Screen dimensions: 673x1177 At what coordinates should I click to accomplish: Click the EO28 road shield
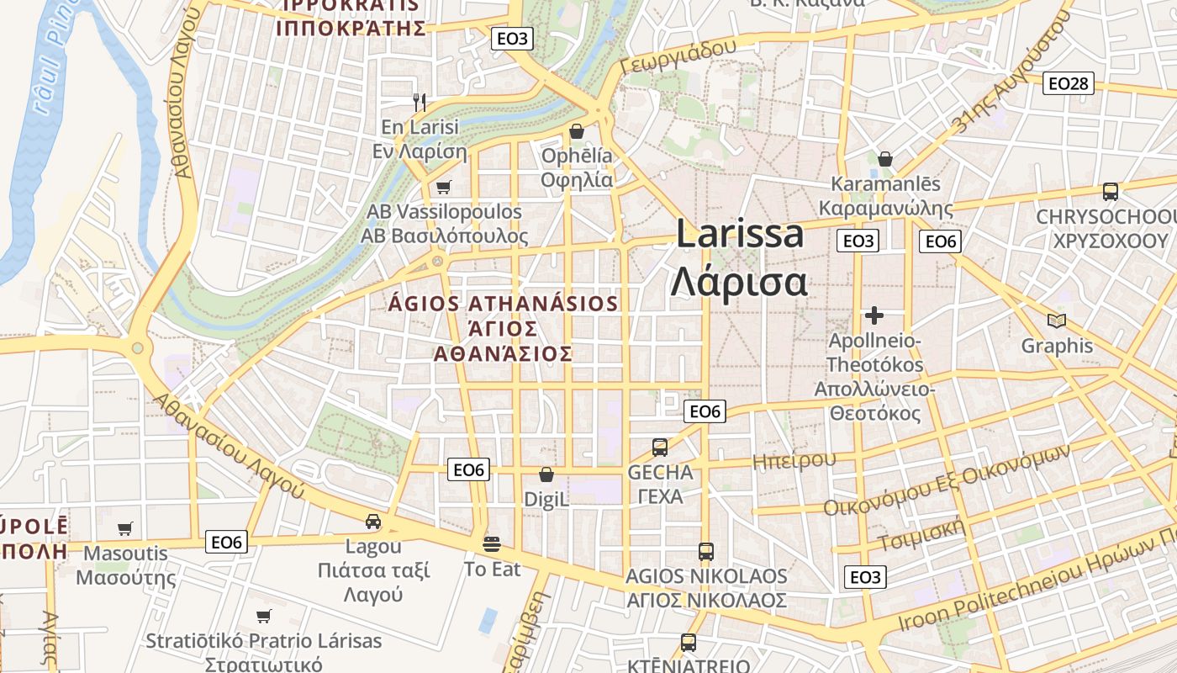pos(1069,83)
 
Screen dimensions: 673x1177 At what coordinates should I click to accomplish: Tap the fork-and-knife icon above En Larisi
pos(420,103)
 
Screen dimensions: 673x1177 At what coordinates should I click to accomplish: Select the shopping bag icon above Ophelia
pos(577,131)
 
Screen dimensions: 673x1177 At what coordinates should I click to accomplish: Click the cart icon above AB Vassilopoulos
pos(443,187)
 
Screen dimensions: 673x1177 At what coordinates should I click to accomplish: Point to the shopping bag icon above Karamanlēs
pos(884,159)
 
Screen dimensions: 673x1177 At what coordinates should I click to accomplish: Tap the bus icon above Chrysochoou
pos(1110,192)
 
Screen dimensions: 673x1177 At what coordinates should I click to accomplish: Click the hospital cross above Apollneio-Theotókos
pos(874,315)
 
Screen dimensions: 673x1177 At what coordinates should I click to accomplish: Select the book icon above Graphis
pos(1057,321)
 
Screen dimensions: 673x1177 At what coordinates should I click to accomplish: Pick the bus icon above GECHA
pos(660,447)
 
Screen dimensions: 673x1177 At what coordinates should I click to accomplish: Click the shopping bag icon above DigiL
pos(546,474)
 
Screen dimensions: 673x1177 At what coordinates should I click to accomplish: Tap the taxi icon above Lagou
pos(373,522)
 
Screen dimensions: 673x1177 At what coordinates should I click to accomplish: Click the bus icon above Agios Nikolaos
pos(706,552)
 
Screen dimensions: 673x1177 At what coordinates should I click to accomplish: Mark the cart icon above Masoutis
pos(125,529)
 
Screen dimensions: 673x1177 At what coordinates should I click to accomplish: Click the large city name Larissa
pos(740,235)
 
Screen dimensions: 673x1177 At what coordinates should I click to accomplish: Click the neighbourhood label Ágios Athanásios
pos(504,304)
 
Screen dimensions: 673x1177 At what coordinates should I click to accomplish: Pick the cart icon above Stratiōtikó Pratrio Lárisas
pos(264,616)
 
